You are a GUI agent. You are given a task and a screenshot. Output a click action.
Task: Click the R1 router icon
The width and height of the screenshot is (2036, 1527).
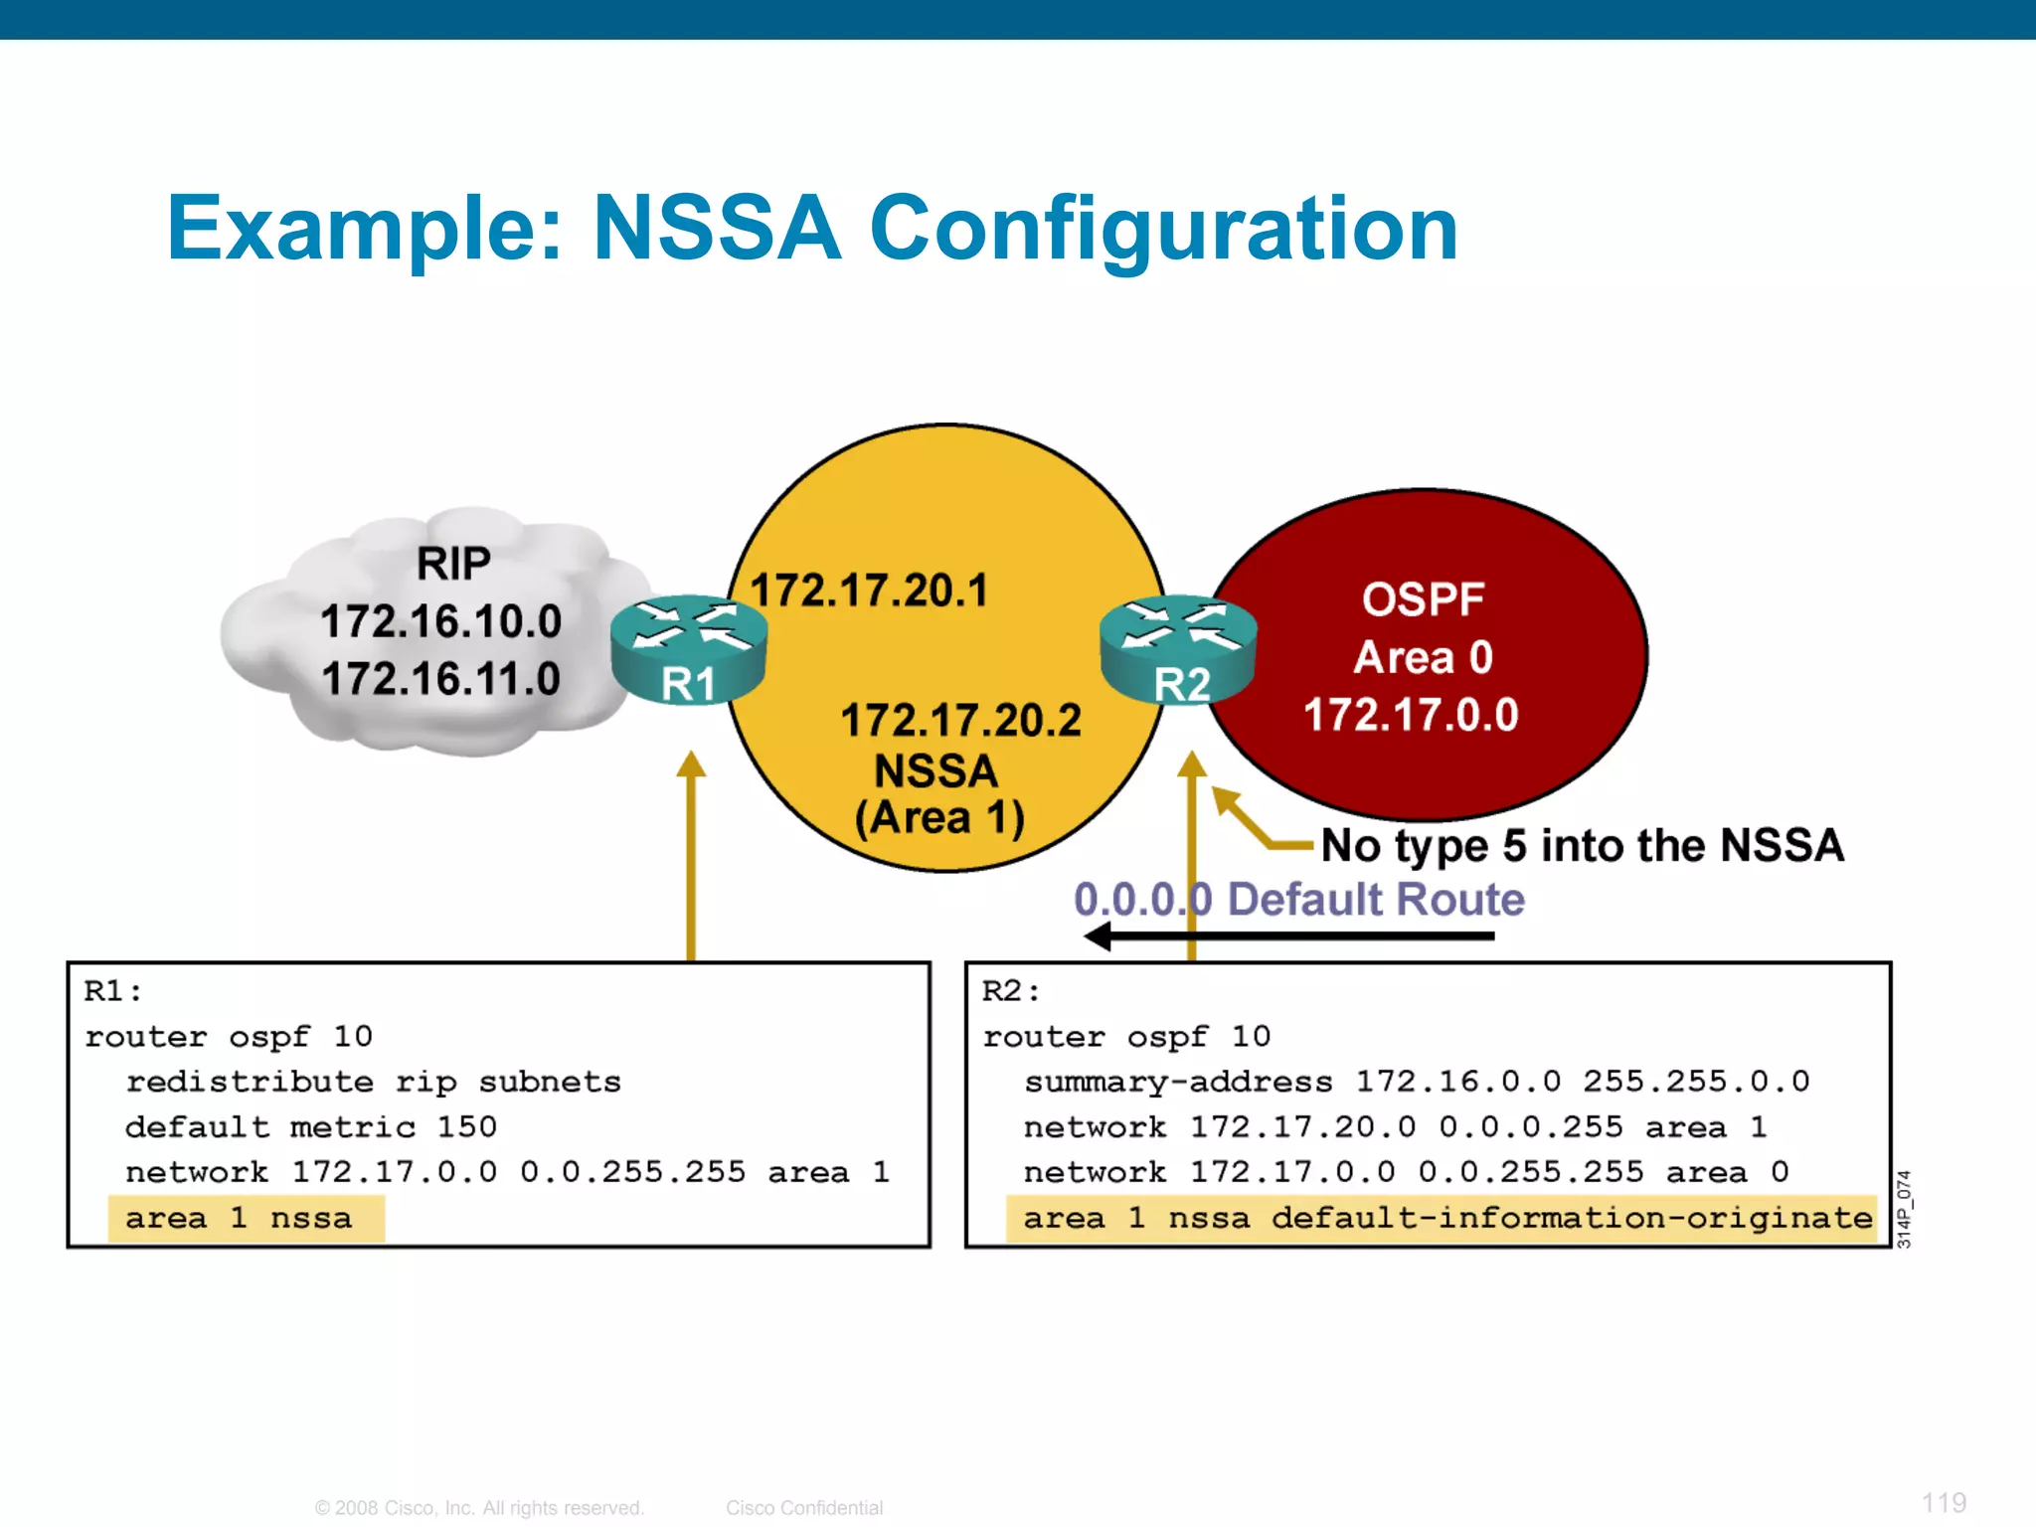[689, 648]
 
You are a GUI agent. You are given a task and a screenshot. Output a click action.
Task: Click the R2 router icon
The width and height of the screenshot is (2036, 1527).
[1179, 648]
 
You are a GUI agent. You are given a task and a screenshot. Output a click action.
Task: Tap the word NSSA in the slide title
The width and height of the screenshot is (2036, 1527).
[717, 229]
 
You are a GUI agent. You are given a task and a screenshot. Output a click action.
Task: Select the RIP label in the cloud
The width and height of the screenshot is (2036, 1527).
[453, 564]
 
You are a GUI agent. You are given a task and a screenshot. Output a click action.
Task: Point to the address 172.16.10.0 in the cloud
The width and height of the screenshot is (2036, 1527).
[441, 621]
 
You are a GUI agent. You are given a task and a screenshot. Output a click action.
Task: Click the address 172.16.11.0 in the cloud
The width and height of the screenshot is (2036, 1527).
[441, 679]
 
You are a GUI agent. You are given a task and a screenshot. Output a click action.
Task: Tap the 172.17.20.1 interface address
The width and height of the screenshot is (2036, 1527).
[870, 590]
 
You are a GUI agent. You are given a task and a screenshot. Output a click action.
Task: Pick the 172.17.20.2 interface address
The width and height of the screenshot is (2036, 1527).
[960, 720]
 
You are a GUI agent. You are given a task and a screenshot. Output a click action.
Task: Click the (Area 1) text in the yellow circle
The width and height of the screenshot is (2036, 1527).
[939, 818]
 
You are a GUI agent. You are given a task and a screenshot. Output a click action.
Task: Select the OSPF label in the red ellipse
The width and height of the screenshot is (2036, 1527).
[1423, 599]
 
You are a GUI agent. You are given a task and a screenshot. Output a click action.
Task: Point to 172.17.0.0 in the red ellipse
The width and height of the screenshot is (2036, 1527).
[1411, 715]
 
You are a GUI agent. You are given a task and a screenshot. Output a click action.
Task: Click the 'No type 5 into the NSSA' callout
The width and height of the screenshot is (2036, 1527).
[1582, 846]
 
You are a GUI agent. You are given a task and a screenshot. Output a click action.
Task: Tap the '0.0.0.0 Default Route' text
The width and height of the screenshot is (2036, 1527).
[1298, 900]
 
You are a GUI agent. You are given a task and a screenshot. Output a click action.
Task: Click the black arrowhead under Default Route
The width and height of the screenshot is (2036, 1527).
[1099, 935]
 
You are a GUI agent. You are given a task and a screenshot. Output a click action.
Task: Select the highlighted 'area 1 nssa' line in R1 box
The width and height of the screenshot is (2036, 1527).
[239, 1218]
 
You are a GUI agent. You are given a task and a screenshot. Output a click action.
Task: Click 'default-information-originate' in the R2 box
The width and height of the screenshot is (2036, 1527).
[1571, 1218]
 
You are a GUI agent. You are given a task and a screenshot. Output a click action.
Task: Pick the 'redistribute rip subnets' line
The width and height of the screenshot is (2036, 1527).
[373, 1082]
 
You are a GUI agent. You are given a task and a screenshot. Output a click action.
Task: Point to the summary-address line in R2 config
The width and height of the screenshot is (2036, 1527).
[1417, 1082]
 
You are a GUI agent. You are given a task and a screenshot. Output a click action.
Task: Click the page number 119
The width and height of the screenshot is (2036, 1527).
[1943, 1502]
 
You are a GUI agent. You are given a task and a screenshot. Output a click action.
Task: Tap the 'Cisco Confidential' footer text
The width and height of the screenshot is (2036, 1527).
[803, 1508]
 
